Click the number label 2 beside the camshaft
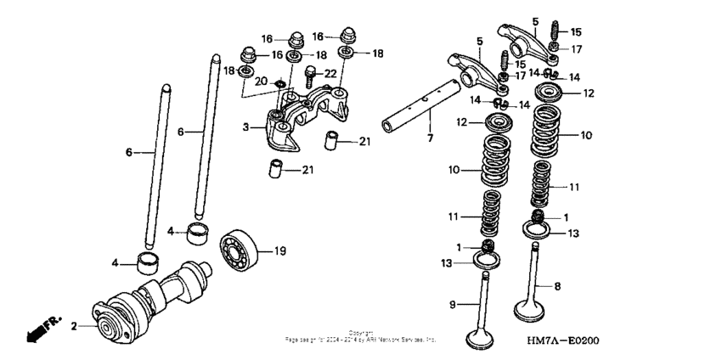pos(74,326)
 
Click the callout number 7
pos(430,138)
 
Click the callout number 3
pos(245,127)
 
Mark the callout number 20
pos(262,81)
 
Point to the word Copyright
pos(360,333)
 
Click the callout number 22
pos(330,74)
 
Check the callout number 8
pos(557,287)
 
